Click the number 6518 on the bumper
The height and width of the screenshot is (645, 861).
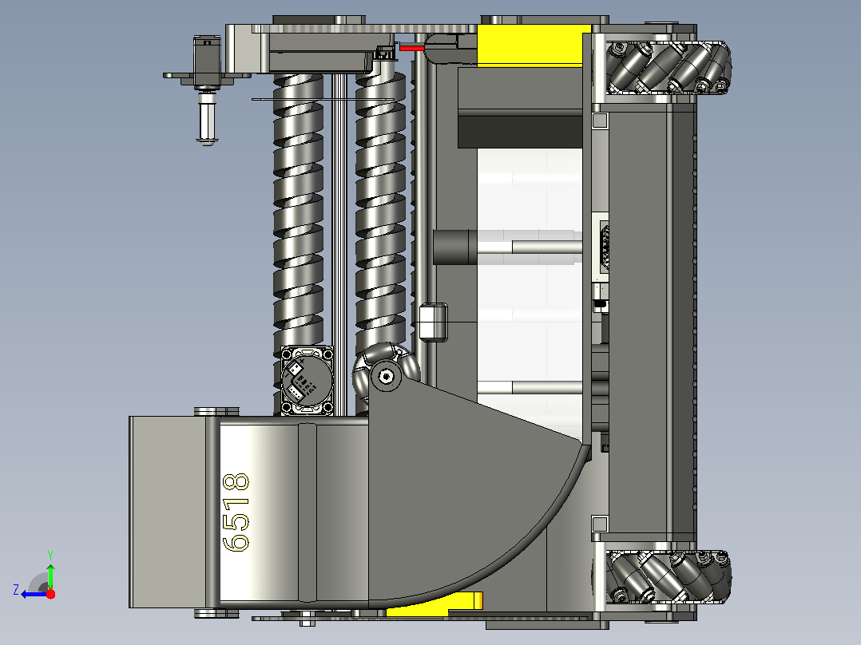[236, 512]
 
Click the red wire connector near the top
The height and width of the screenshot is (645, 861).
[412, 49]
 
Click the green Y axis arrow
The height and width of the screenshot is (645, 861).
[50, 574]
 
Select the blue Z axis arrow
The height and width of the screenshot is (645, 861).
[34, 594]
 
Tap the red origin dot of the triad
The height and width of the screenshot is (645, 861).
[50, 594]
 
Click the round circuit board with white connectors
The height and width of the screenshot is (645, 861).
[307, 381]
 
